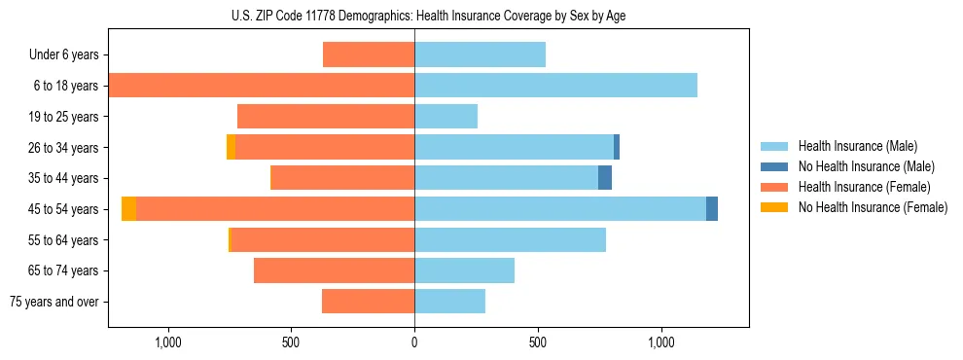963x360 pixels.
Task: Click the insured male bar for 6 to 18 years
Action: [x=555, y=86]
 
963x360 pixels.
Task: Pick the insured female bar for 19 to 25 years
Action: [x=326, y=117]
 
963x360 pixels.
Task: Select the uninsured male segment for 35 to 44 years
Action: [x=605, y=178]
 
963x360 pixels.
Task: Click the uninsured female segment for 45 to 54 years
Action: [x=128, y=209]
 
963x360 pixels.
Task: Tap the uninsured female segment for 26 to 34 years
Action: [x=231, y=147]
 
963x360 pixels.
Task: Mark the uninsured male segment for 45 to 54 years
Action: [x=712, y=209]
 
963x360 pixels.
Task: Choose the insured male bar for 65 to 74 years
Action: [x=464, y=270]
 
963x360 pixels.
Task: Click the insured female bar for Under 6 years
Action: [x=369, y=54]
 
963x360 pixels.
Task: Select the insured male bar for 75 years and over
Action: [x=449, y=302]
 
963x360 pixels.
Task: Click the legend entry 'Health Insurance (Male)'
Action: [x=857, y=146]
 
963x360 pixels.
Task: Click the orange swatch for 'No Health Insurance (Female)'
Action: [x=775, y=207]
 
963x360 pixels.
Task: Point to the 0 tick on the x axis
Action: [x=414, y=342]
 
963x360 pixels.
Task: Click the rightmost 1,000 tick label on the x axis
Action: [x=660, y=342]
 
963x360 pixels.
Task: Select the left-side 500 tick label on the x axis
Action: [x=291, y=342]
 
